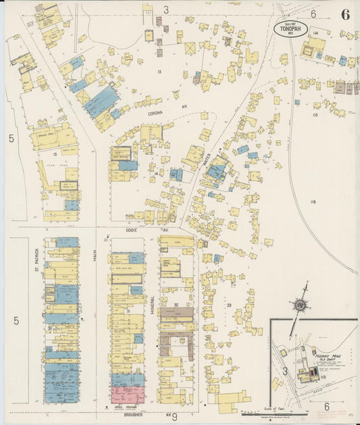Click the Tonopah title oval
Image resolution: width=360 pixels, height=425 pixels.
tap(291, 27)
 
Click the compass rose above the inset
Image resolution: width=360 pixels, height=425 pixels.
tap(299, 305)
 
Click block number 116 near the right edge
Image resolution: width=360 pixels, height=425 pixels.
tap(313, 202)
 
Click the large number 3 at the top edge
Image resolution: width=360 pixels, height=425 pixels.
tap(165, 9)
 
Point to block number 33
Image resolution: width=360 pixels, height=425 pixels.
tap(229, 305)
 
